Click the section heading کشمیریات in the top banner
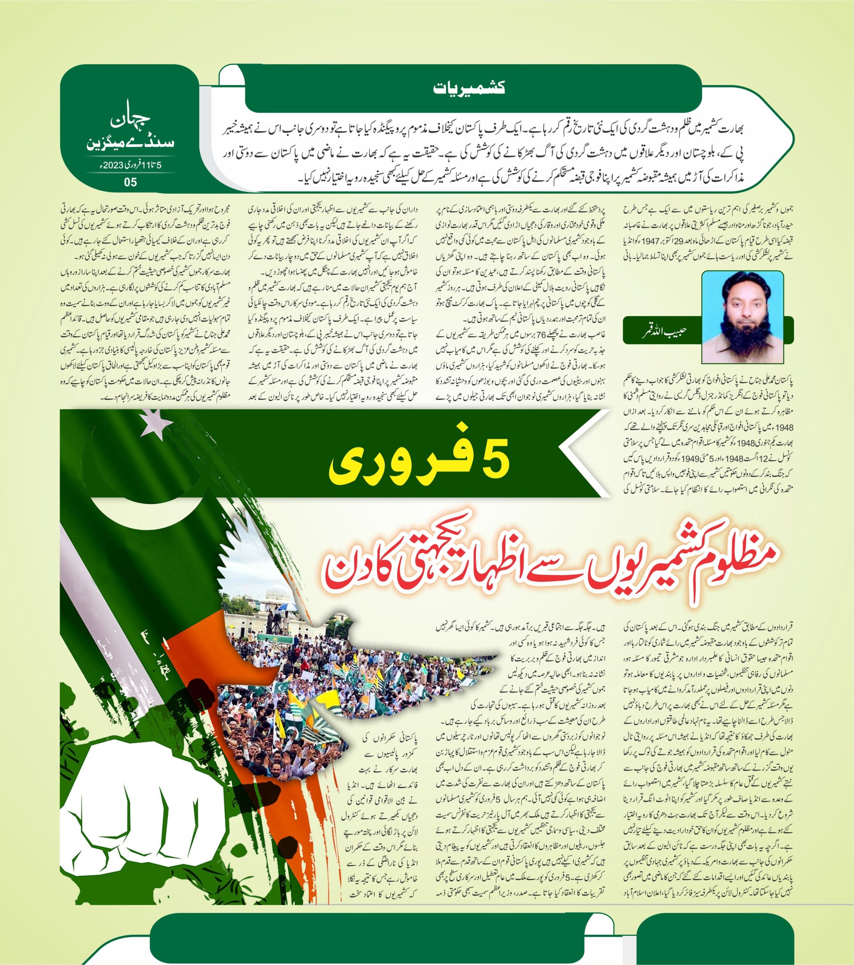pyautogui.click(x=469, y=88)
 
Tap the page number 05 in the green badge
pyautogui.click(x=130, y=182)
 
